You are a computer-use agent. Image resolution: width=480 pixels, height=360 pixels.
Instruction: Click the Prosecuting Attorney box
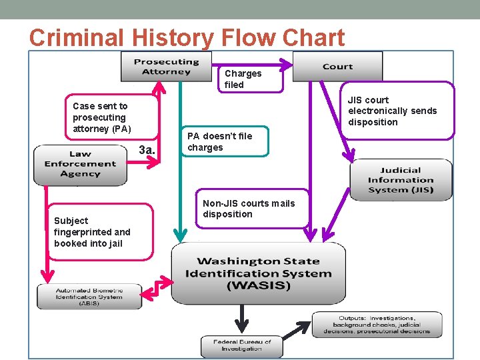tap(166, 67)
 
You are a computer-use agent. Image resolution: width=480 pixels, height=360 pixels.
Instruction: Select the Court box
tap(337, 67)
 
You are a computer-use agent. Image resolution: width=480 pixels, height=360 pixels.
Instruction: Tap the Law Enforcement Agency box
tap(80, 164)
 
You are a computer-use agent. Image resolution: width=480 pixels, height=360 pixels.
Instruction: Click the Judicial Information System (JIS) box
tap(400, 180)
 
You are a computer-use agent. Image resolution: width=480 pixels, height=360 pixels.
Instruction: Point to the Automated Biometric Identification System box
tap(89, 296)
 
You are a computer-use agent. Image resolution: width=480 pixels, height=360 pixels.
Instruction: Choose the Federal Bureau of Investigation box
tap(242, 345)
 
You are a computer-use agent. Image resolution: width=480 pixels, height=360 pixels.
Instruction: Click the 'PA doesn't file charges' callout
tap(225, 141)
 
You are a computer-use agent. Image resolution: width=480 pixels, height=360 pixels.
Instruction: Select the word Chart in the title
tap(311, 37)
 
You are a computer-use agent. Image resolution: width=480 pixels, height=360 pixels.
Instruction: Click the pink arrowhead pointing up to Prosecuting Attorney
tap(159, 87)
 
